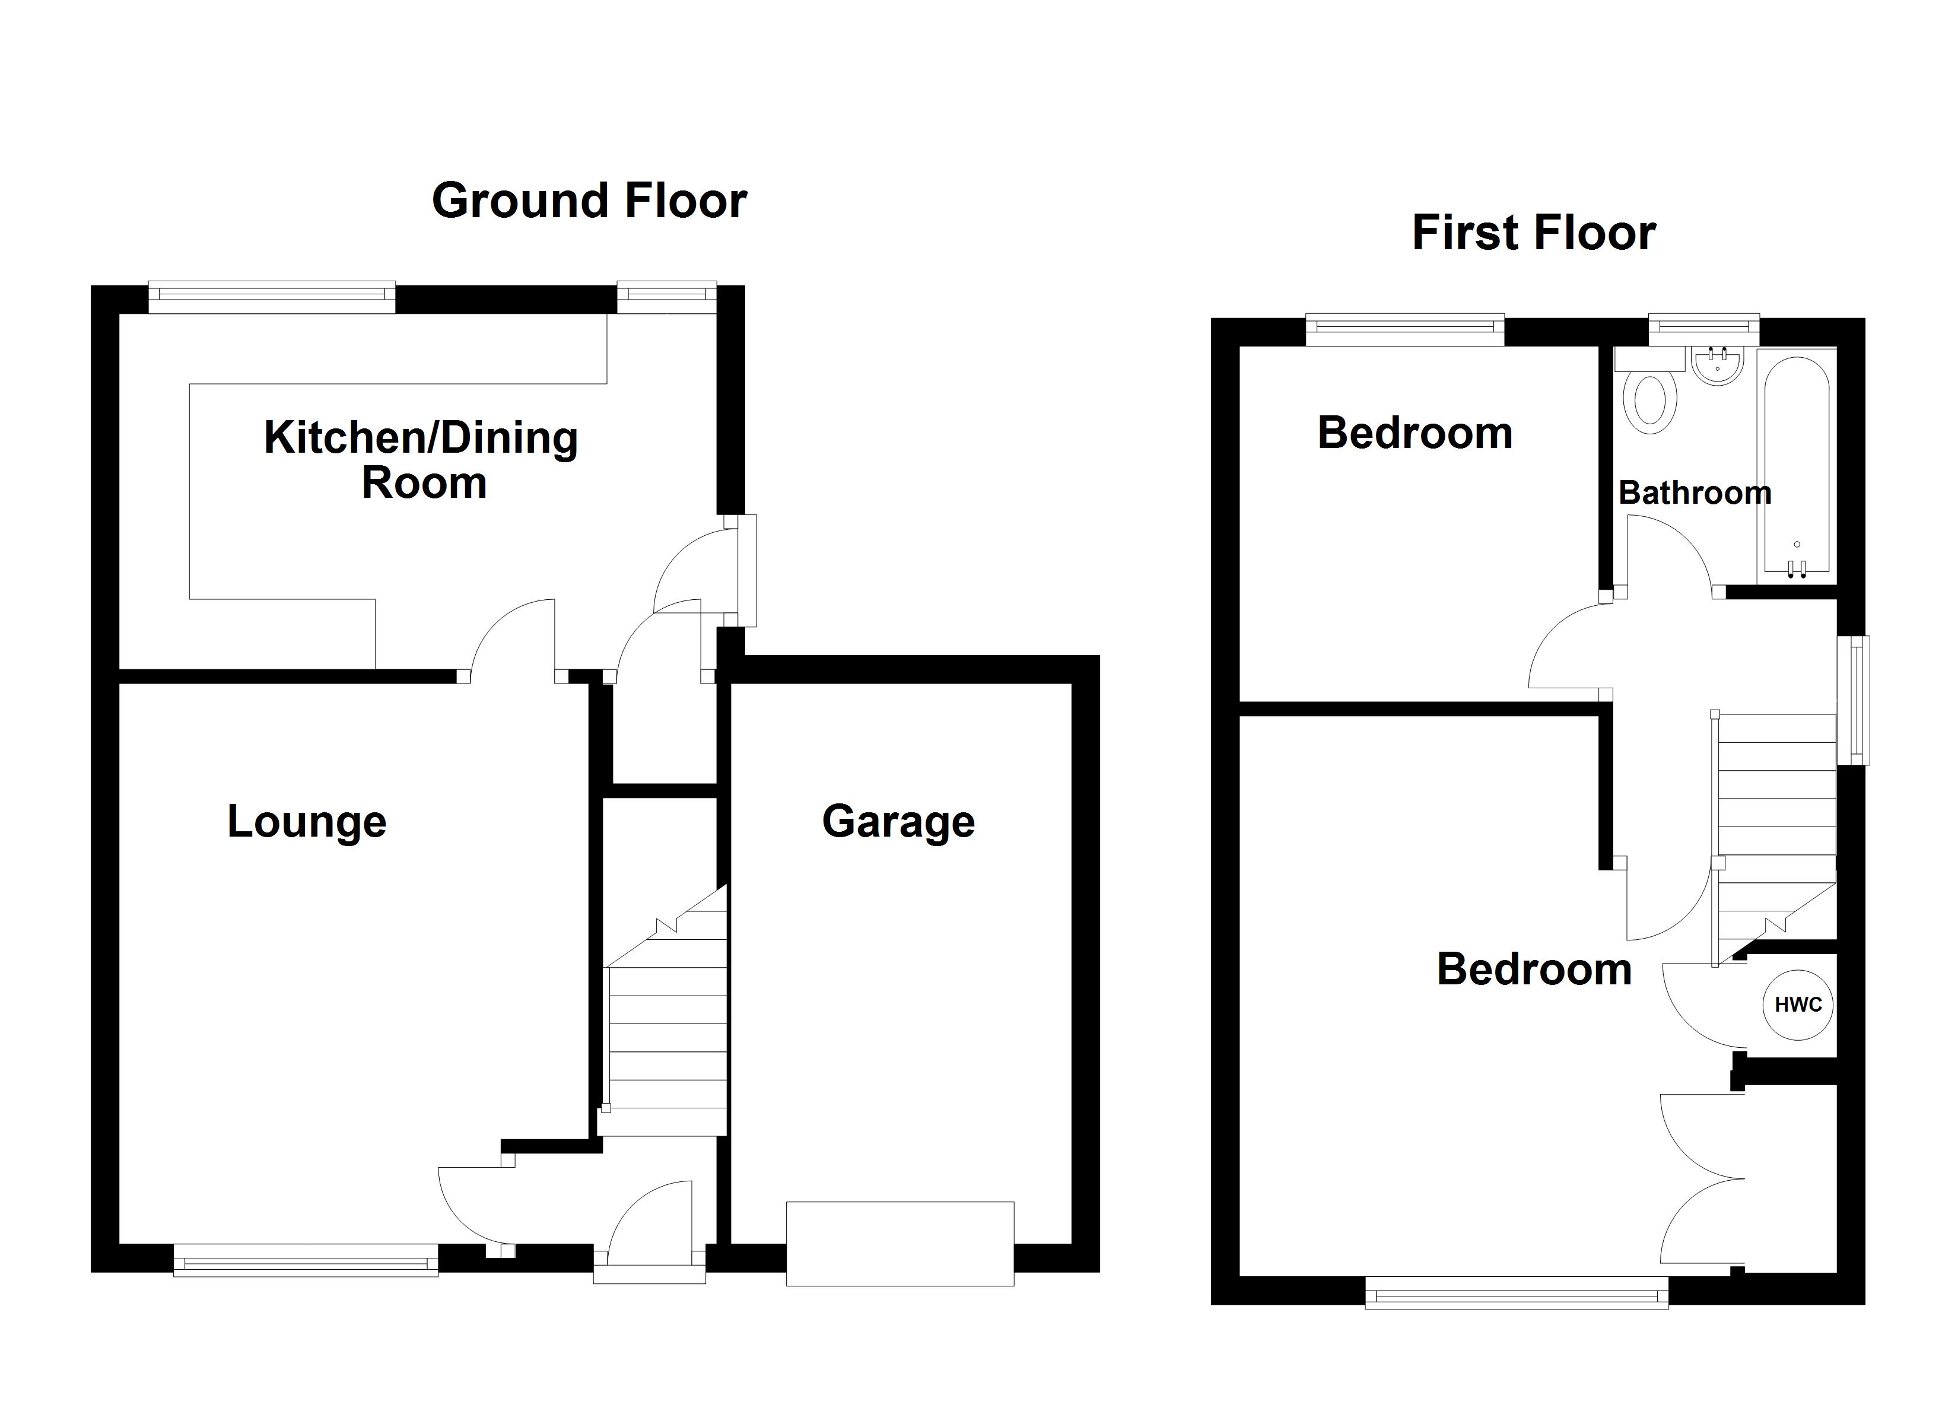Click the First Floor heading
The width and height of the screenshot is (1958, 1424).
point(1534,233)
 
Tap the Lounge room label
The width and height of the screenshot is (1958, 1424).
point(307,822)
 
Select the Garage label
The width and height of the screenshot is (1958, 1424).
point(899,822)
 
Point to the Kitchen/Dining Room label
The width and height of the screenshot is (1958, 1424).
point(421,459)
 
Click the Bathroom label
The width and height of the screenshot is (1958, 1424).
point(1695,493)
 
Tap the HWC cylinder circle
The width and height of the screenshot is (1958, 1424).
point(1798,1005)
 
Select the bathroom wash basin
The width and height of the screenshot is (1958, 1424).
point(1718,365)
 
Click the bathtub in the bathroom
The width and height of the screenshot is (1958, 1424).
point(1797,466)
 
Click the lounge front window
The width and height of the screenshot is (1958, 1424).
point(306,1260)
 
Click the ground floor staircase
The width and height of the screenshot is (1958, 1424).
point(665,1010)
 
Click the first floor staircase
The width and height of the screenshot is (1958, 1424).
point(1775,838)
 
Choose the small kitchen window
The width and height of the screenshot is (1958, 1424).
point(666,297)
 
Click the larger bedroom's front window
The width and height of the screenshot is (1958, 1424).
point(1517,1292)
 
